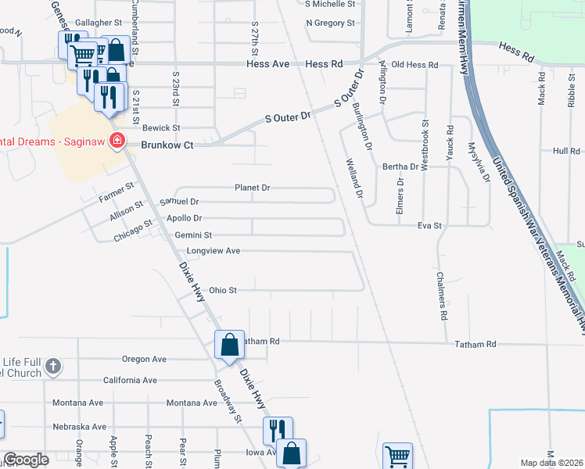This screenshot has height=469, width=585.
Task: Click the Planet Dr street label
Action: (x=253, y=188)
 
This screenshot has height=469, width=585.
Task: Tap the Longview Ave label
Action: (x=213, y=251)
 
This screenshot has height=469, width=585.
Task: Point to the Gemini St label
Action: (x=193, y=234)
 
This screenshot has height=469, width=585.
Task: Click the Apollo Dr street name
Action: (x=185, y=218)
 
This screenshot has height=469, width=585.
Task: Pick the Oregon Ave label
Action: (x=145, y=359)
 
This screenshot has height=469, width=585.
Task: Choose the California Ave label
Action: (x=130, y=380)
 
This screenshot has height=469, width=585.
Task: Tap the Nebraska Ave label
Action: (x=79, y=427)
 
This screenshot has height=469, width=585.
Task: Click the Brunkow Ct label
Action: (x=167, y=145)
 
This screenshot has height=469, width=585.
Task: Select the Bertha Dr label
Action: (x=401, y=166)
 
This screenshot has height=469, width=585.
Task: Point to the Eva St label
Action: (x=430, y=225)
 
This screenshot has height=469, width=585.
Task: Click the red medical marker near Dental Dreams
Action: (x=117, y=141)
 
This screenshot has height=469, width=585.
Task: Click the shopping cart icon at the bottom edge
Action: (x=397, y=456)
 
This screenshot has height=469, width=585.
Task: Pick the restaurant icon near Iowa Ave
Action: (x=277, y=430)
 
